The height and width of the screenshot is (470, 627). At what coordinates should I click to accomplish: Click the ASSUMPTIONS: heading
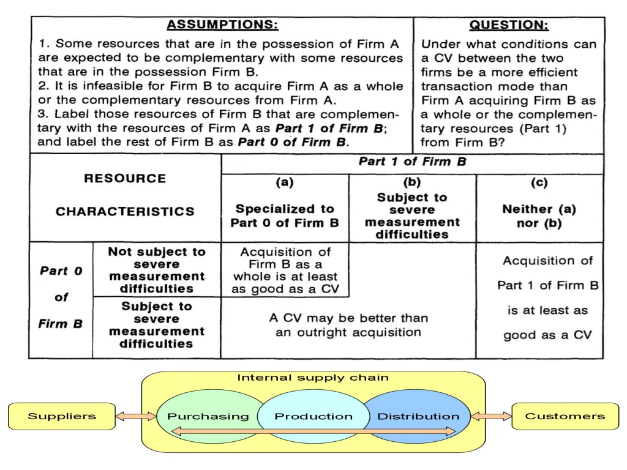click(222, 25)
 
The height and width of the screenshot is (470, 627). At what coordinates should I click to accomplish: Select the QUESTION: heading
click(509, 25)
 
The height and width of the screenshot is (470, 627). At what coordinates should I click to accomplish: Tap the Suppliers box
click(62, 416)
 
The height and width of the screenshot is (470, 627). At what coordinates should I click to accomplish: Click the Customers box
click(565, 416)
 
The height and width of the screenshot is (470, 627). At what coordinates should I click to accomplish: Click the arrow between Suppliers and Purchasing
click(136, 417)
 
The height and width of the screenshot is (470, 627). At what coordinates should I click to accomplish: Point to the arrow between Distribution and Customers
click(491, 417)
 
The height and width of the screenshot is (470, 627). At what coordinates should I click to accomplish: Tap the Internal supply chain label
click(313, 378)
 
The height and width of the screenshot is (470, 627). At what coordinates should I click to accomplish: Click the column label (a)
click(284, 183)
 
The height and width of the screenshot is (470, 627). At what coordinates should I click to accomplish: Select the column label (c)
click(539, 183)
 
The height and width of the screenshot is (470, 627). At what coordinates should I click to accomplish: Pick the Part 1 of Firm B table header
click(412, 162)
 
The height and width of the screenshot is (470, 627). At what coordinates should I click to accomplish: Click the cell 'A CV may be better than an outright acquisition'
click(348, 326)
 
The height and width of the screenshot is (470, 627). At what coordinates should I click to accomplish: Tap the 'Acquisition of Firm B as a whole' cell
click(285, 270)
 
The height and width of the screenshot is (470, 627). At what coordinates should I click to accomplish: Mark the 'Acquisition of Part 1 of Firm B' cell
click(547, 297)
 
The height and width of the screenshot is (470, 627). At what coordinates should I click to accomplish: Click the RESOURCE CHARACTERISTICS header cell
click(125, 195)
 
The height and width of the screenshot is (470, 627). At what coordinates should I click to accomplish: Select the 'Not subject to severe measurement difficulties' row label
click(157, 270)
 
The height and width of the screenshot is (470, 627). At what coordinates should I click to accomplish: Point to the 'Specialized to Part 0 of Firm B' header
click(285, 216)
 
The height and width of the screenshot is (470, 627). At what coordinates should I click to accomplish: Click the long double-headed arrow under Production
click(313, 431)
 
